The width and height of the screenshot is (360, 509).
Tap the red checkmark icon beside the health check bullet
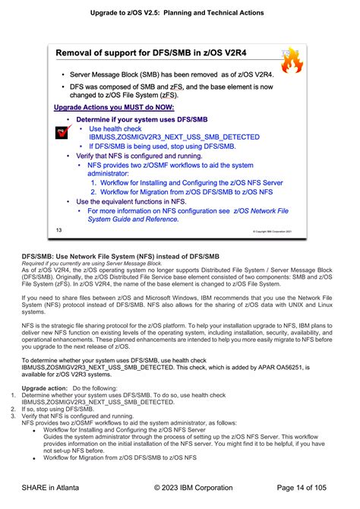pos(63,134)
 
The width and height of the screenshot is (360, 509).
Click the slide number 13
pos(58,208)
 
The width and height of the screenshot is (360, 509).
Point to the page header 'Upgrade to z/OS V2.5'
pos(179,13)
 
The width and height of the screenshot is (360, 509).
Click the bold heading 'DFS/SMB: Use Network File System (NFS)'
pos(120,236)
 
